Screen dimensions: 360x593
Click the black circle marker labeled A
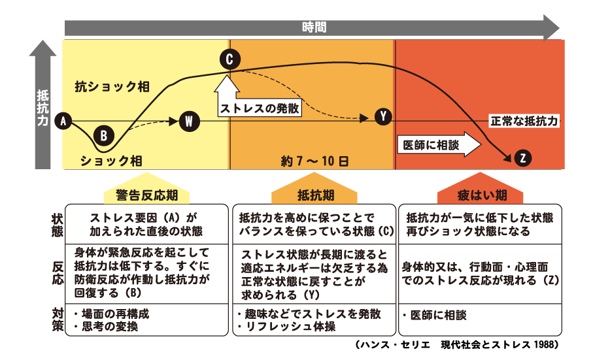tap(63, 121)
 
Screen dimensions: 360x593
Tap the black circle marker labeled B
tap(104, 136)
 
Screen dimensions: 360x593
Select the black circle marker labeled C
tap(229, 60)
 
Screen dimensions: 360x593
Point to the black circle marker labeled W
tap(188, 121)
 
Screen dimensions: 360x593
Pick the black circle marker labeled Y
tap(383, 117)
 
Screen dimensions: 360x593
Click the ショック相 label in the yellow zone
tap(111, 159)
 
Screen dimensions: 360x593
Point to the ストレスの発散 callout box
tap(260, 108)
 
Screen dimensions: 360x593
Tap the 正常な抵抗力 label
tap(524, 122)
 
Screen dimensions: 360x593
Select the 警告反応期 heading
tap(146, 195)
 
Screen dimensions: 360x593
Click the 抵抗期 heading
tap(313, 195)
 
